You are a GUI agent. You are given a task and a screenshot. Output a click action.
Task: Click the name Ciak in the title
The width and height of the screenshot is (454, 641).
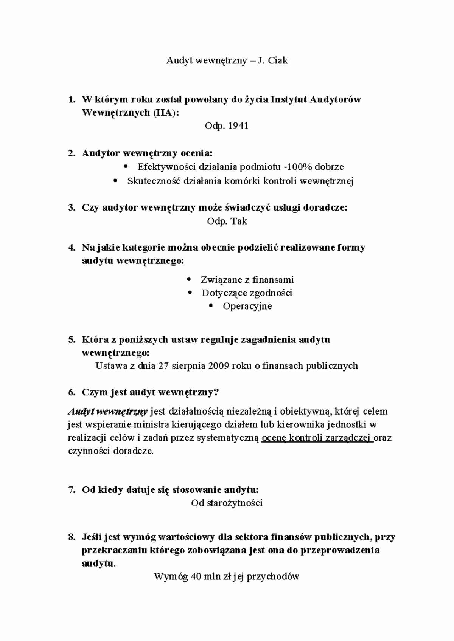click(278, 60)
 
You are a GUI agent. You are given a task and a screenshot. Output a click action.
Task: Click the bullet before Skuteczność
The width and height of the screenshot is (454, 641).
click(116, 181)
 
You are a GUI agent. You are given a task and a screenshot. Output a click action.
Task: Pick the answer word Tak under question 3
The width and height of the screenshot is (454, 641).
click(239, 221)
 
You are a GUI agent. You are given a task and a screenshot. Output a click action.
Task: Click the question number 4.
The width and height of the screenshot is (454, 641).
click(72, 248)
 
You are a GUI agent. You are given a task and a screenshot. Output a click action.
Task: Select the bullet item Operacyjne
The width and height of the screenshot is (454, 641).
click(247, 306)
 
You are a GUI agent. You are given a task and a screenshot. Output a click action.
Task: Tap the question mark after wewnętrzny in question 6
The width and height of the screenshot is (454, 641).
click(216, 393)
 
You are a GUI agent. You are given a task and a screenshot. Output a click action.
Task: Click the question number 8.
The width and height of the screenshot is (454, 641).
click(72, 537)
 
